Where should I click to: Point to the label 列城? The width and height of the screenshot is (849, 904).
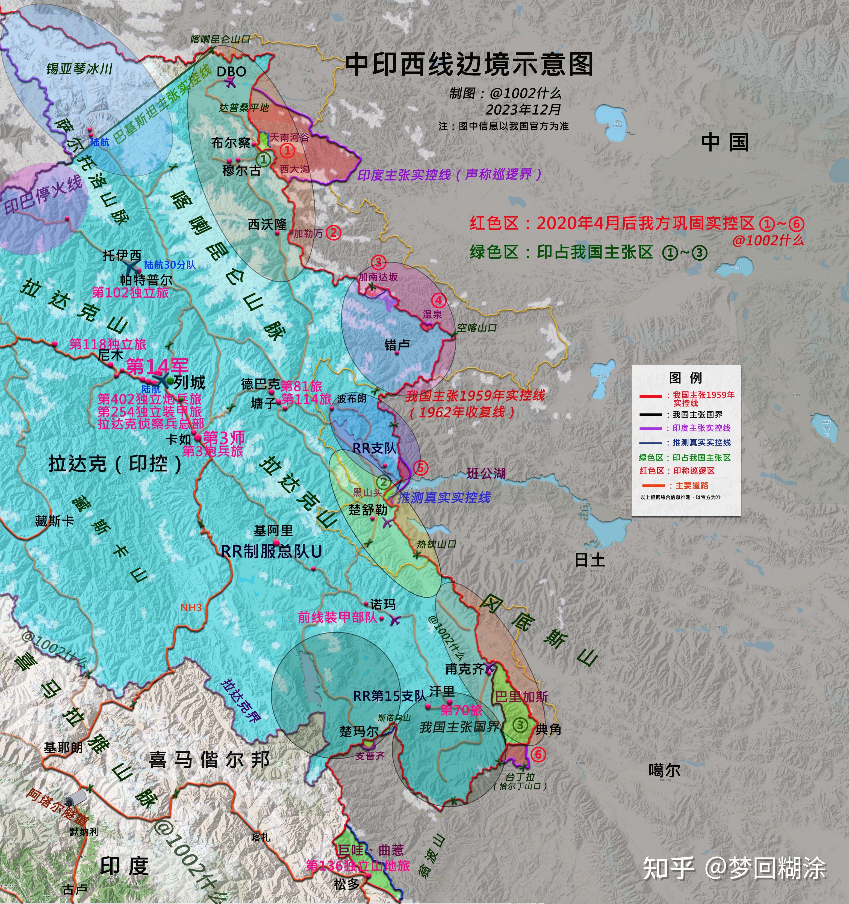(x=189, y=382)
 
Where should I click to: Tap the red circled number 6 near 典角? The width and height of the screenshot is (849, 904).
(x=538, y=754)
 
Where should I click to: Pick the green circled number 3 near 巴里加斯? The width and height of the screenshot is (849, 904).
(x=520, y=725)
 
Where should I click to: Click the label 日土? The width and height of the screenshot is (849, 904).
(x=590, y=560)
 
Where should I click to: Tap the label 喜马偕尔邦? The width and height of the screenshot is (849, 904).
(x=209, y=759)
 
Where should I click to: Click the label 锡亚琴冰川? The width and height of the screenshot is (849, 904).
(x=79, y=69)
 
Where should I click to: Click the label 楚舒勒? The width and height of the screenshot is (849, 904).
(x=368, y=510)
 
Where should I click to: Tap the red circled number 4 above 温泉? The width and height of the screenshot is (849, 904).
(x=439, y=300)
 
